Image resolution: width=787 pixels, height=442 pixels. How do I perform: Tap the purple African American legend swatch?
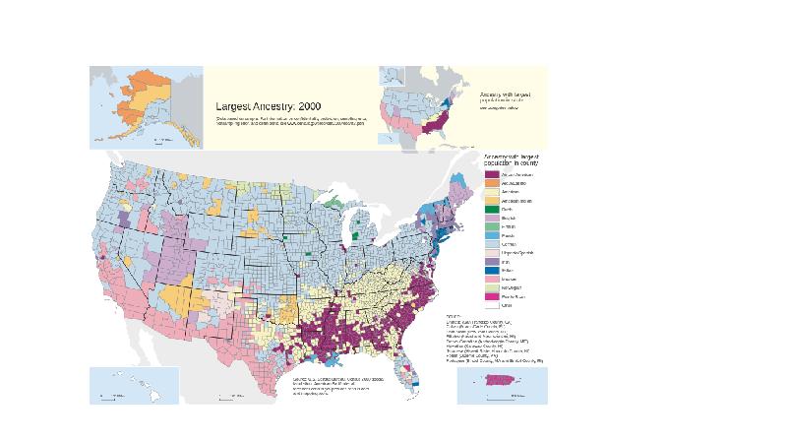(x=491, y=173)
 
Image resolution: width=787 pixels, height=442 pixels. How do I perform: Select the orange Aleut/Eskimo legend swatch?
(x=491, y=184)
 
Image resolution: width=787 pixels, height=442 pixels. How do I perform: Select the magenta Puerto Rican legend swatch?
(x=491, y=294)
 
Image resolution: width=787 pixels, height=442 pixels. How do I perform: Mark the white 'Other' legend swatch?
(x=491, y=305)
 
